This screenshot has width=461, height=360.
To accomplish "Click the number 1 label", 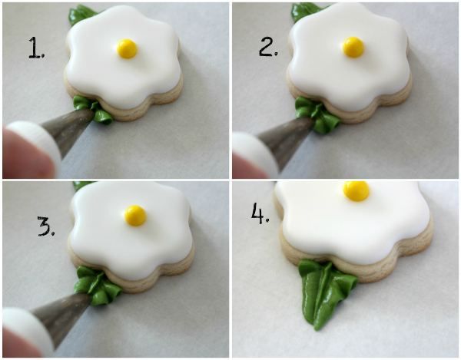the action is pyautogui.click(x=37, y=48).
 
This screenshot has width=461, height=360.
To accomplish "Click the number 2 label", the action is pyautogui.click(x=268, y=47).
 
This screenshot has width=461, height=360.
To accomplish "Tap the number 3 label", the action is pyautogui.click(x=46, y=226).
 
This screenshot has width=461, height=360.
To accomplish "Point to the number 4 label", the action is pyautogui.click(x=260, y=213).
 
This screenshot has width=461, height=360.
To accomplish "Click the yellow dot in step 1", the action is pyautogui.click(x=128, y=49).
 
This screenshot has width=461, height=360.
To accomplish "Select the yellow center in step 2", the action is pyautogui.click(x=353, y=47).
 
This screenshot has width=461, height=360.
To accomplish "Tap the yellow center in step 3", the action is pyautogui.click(x=135, y=216).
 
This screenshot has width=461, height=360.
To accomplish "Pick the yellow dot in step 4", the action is pyautogui.click(x=356, y=191).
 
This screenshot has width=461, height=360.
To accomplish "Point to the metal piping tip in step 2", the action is pyautogui.click(x=284, y=138).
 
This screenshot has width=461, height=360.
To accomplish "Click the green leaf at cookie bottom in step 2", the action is pyautogui.click(x=317, y=114).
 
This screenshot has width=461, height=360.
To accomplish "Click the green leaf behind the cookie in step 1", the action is pyautogui.click(x=81, y=14).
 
